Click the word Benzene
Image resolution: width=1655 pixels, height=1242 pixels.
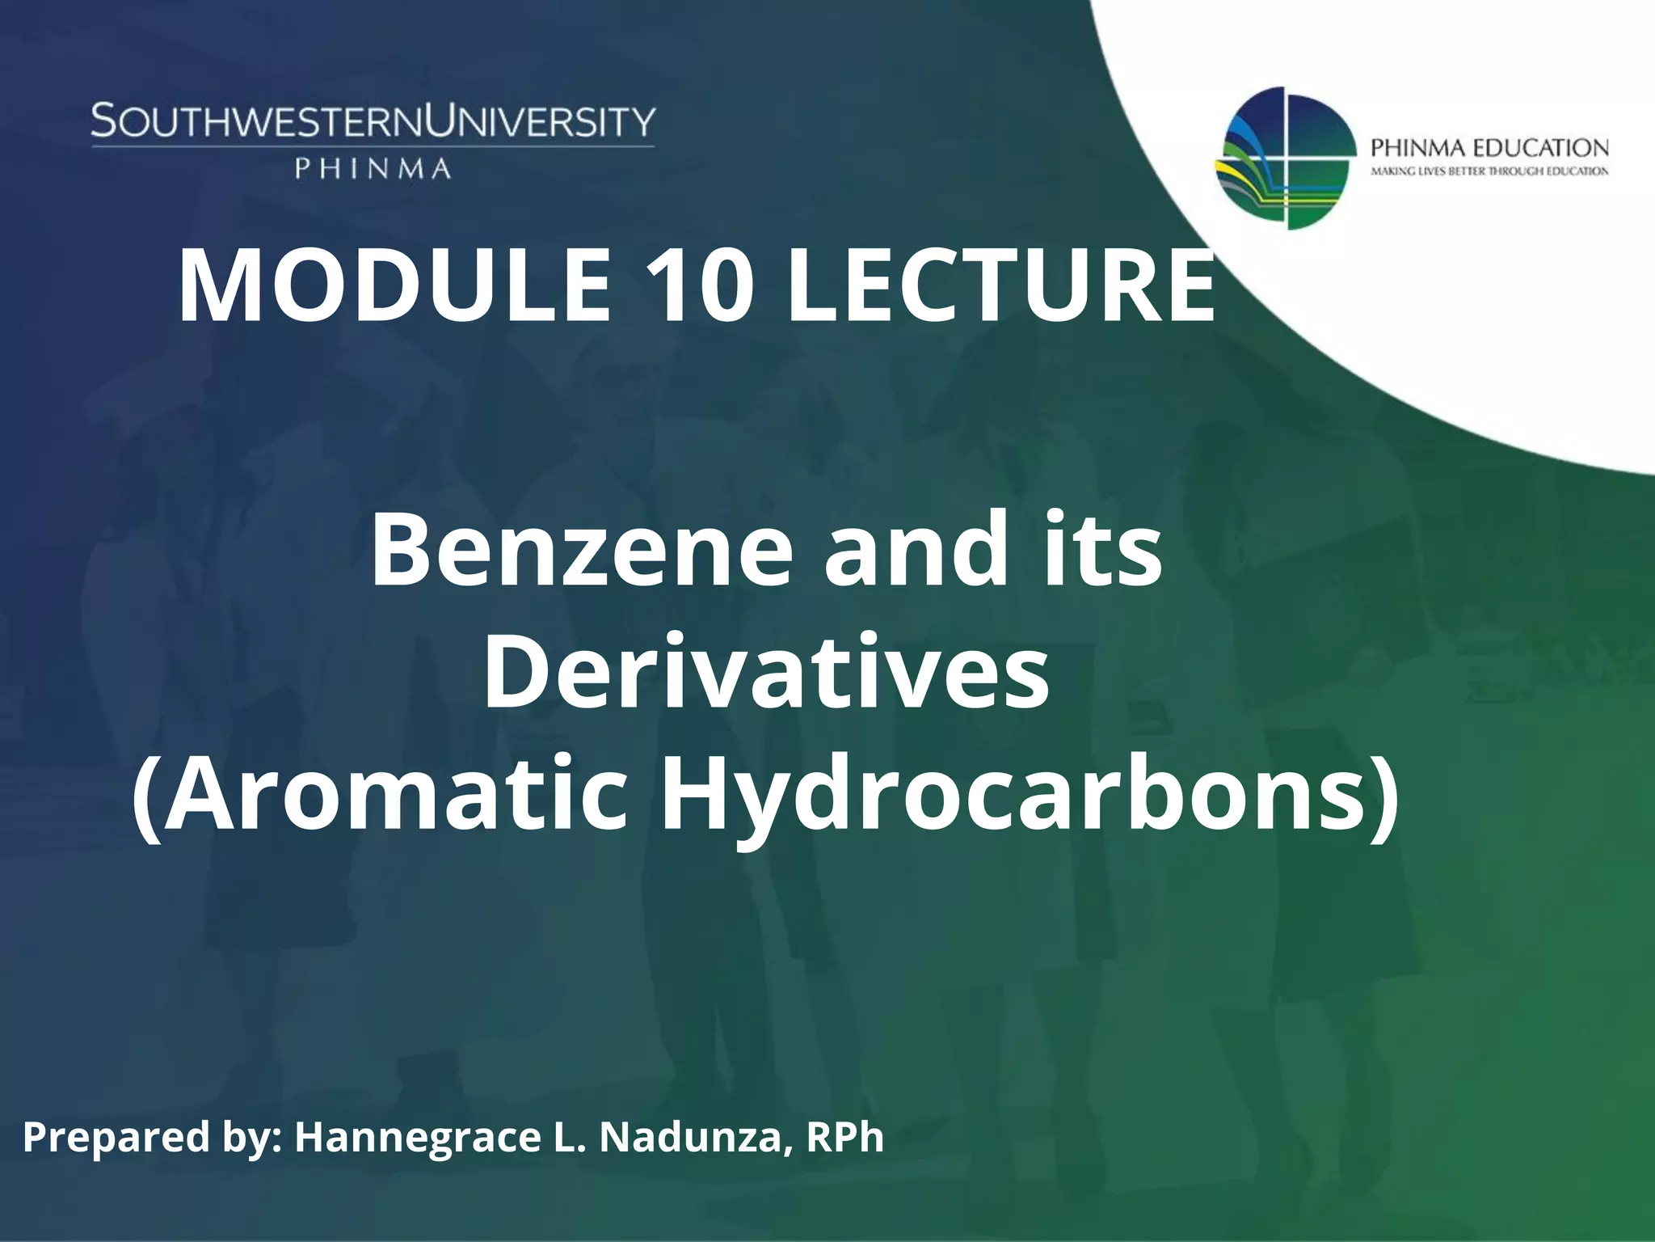(582, 549)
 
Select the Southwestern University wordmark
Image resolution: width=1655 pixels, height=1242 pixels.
(373, 122)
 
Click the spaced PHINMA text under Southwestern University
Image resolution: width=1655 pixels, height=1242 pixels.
(373, 168)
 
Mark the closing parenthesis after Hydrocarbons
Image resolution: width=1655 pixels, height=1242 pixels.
(1384, 796)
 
